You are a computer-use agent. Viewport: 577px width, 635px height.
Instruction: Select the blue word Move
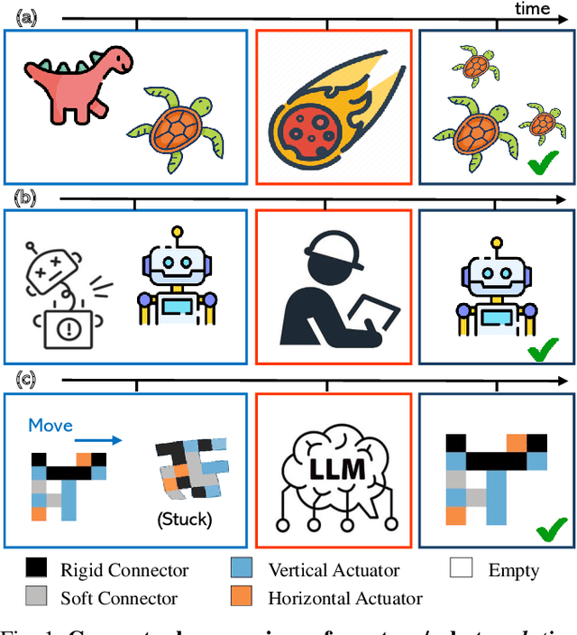click(x=50, y=425)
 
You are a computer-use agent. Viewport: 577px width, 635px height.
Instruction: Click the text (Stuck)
click(x=184, y=520)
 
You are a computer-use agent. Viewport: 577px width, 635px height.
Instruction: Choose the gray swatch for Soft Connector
click(x=37, y=597)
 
